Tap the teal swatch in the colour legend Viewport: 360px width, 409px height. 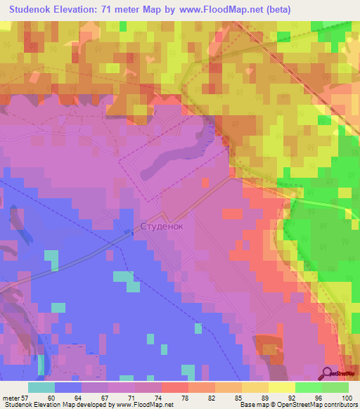click(x=41, y=387)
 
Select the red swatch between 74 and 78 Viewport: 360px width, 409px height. click(x=174, y=387)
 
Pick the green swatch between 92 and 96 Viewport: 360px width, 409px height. click(x=308, y=387)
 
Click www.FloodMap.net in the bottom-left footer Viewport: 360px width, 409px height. click(x=143, y=405)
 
